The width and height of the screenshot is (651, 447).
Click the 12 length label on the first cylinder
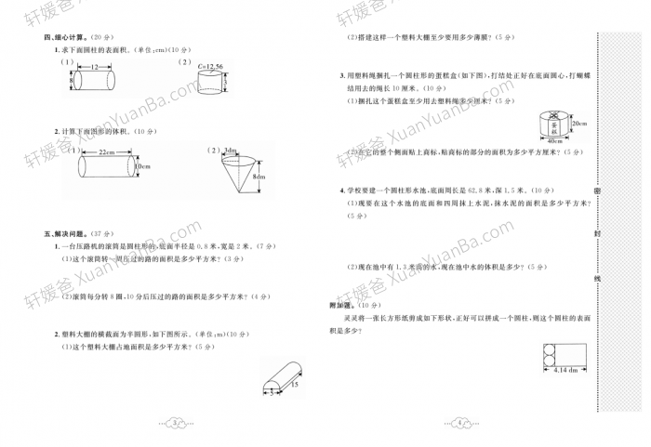coord(94,68)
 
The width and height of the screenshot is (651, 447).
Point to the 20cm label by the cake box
coord(579,124)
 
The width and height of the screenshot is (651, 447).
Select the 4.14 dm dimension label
coord(561,370)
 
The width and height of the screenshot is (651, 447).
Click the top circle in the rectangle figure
coord(546,348)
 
